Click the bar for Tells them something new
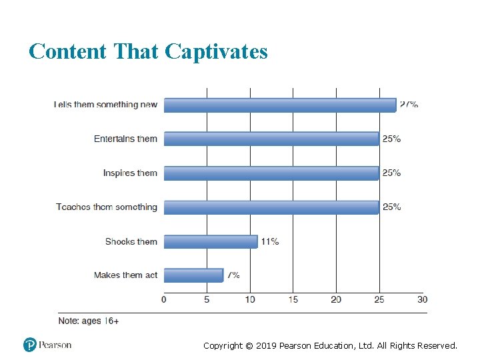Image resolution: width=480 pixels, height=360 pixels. [x=280, y=105]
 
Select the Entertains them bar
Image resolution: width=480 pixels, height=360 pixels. [x=271, y=139]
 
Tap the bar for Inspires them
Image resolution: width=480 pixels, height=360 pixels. [x=271, y=173]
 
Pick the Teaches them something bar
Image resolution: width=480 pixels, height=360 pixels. [x=271, y=207]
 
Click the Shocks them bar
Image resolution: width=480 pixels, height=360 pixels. [x=211, y=241]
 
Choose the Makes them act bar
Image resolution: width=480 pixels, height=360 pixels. [x=193, y=275]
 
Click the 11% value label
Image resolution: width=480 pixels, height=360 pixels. [x=270, y=241]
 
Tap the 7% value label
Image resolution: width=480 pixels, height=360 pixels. [x=233, y=275]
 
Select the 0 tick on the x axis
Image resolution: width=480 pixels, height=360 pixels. [x=164, y=299]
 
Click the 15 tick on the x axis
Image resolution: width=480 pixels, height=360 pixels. [x=293, y=299]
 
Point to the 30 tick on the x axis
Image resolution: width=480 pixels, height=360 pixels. [x=422, y=299]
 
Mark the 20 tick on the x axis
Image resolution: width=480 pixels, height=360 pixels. [x=336, y=299]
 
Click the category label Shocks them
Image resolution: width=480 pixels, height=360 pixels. [x=131, y=241]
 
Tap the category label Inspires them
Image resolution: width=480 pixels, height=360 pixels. [x=130, y=173]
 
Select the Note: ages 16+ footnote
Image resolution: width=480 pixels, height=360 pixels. [x=89, y=321]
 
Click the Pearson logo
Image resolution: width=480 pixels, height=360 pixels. [x=47, y=345]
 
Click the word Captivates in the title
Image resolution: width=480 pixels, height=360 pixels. [x=216, y=51]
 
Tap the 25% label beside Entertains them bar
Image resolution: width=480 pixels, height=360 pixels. [x=391, y=139]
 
